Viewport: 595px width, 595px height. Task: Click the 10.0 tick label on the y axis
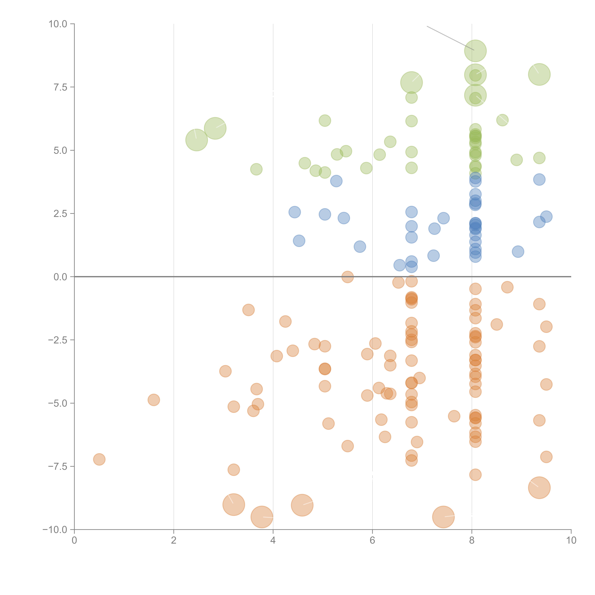pos(58,24)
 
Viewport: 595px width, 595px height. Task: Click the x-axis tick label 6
pos(372,540)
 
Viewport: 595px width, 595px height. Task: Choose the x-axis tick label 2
pos(174,540)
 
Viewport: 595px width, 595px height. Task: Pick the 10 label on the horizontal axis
pos(571,540)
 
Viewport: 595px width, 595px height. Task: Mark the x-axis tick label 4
pos(273,540)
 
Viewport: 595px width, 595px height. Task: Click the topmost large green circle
pos(475,51)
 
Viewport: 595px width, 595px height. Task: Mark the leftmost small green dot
pos(256,169)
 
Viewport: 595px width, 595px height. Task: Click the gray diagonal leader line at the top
pos(450,38)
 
